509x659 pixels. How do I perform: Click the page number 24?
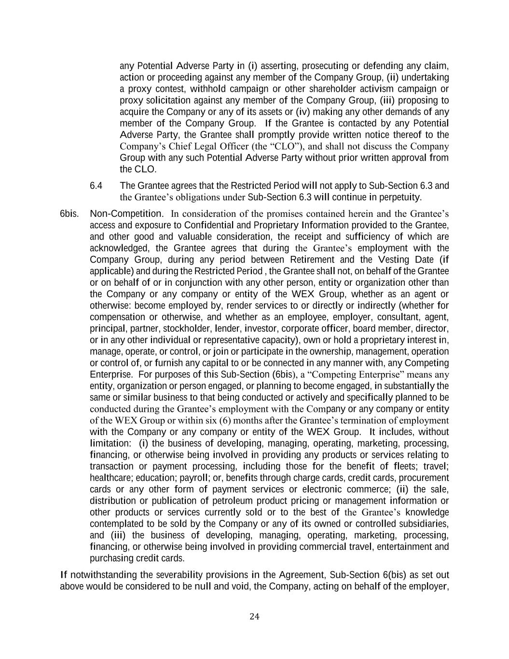(x=255, y=616)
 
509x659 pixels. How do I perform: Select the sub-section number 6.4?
(x=96, y=186)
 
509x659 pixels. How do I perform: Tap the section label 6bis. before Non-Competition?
(x=69, y=214)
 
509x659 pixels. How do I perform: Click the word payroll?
(x=194, y=478)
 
